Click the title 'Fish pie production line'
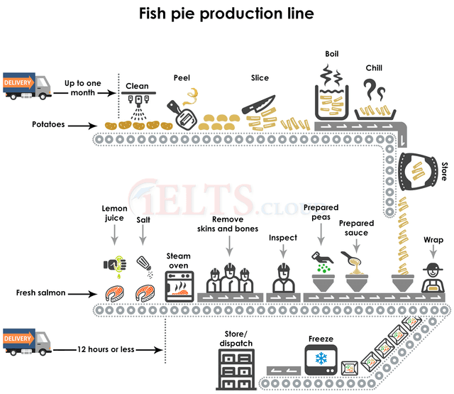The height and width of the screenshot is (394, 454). coord(227,13)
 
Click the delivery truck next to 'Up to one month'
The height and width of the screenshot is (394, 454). coord(28,85)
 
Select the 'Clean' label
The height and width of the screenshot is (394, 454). coord(137,86)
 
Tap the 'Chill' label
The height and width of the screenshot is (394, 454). coord(374,68)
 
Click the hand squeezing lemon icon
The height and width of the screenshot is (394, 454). coord(115,263)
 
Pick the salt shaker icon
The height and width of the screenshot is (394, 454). coord(145,265)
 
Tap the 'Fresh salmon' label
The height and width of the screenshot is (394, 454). coord(41,292)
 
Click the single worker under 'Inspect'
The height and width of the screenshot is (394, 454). coord(282,278)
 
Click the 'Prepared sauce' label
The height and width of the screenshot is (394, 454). coord(356,228)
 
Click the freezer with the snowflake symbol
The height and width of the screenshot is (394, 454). coord(320,358)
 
